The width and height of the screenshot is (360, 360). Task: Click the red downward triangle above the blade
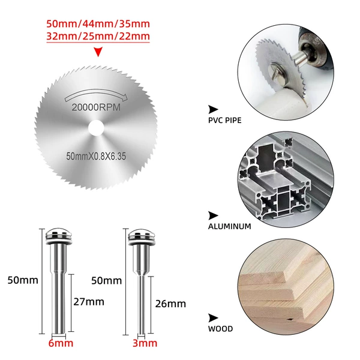[x=98, y=52]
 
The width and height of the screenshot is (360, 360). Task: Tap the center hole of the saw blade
[x=96, y=128]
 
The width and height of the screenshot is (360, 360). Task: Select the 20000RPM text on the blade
[x=96, y=107]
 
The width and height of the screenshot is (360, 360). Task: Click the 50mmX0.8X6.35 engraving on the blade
[x=96, y=156]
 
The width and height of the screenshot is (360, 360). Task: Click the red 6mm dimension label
[x=61, y=343]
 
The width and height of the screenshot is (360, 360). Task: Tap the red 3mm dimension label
[x=145, y=343]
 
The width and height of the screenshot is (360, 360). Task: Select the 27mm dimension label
[x=89, y=302]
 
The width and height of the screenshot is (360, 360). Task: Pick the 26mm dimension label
[x=170, y=304]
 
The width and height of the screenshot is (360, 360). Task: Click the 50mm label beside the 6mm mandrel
[x=23, y=280]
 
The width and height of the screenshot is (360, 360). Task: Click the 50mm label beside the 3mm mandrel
[x=107, y=281]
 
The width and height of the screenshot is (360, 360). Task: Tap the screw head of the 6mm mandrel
[x=59, y=236]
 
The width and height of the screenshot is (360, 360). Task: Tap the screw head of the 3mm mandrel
[x=142, y=236]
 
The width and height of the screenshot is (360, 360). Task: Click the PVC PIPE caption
[x=225, y=121]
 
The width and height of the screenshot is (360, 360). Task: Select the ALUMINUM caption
[x=230, y=226]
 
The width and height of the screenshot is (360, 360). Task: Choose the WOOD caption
[x=220, y=329]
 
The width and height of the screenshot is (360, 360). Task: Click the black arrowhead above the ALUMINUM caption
[x=213, y=215]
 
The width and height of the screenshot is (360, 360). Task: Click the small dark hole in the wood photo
[x=290, y=319]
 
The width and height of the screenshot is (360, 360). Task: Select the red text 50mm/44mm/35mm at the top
[x=98, y=24]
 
